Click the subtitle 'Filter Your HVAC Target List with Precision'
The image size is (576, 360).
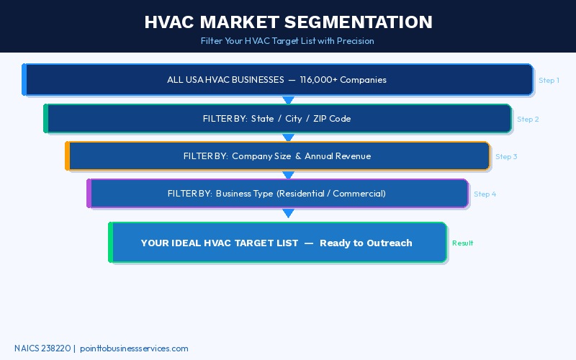(x=287, y=41)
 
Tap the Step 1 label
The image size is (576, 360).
(x=549, y=80)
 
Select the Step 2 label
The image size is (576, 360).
(x=527, y=119)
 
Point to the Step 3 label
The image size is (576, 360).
(x=505, y=156)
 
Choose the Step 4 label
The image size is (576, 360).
(x=485, y=194)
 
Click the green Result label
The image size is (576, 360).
(x=462, y=243)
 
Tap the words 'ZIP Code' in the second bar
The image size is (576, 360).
(x=332, y=118)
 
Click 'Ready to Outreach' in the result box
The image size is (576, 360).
(x=366, y=243)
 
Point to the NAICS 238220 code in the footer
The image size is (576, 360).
(x=42, y=348)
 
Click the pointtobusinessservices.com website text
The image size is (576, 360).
(x=134, y=348)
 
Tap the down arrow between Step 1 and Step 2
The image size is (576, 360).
(x=288, y=100)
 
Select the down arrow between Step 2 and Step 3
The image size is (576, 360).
(x=288, y=138)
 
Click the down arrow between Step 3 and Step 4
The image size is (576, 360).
(x=288, y=175)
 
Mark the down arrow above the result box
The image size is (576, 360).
(x=288, y=213)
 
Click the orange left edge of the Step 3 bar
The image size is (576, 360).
(x=68, y=156)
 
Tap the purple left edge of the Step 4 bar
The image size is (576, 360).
(x=89, y=194)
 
